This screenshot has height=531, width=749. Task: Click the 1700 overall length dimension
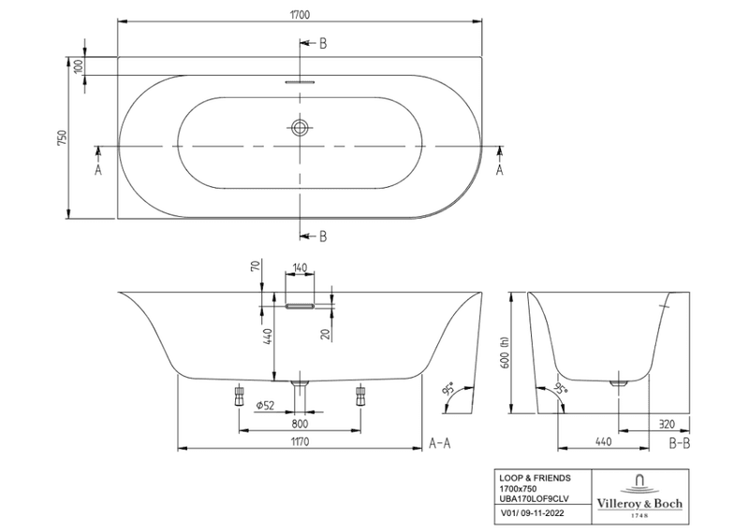(x=299, y=15)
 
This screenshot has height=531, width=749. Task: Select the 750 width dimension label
(x=63, y=138)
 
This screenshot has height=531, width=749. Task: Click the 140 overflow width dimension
(x=300, y=268)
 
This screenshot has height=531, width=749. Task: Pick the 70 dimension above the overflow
(x=255, y=266)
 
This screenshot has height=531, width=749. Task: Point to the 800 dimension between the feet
(x=300, y=423)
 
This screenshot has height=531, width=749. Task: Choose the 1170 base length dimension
(x=300, y=440)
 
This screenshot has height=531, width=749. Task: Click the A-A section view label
(x=440, y=442)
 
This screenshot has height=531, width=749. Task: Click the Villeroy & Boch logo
(x=640, y=493)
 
